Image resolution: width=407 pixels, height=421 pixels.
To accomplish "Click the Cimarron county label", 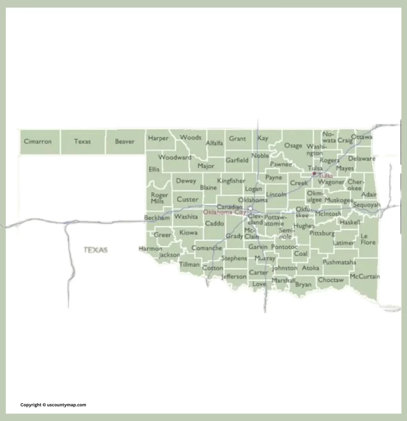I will coord(38,141).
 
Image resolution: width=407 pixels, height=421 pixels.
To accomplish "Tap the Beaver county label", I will coord(125,141).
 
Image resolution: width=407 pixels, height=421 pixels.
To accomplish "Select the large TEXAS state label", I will coord(96,250).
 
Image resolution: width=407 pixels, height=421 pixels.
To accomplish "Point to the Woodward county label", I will coord(175,157).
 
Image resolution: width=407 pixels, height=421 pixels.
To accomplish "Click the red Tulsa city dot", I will coord(314,173).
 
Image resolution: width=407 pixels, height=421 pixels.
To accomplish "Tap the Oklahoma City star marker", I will coord(250,208).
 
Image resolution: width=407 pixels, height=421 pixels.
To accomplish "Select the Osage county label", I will coord(293,146).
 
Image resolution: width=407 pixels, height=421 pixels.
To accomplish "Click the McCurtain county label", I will coord(365,276).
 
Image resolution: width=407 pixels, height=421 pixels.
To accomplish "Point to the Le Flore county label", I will coord(368,239).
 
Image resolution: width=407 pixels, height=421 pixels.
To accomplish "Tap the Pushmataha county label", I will coord(339,262).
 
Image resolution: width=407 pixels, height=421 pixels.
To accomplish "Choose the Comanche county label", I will coord(207,248).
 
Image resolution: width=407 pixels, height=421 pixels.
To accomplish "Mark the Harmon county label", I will coord(150,249).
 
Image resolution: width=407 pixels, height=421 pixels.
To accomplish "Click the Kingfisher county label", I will coord(231,180).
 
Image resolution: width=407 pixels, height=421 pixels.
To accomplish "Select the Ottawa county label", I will coord(362,136).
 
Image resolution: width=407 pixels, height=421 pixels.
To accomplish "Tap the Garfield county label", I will coord(237,160).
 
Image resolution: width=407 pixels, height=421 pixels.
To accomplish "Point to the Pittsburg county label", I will coord(322,233).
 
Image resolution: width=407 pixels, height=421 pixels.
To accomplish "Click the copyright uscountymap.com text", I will coord(53,405).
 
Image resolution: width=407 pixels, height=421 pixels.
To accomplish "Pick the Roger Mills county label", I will coord(159,198).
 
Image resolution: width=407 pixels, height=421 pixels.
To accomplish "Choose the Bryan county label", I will coord(303,284).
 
